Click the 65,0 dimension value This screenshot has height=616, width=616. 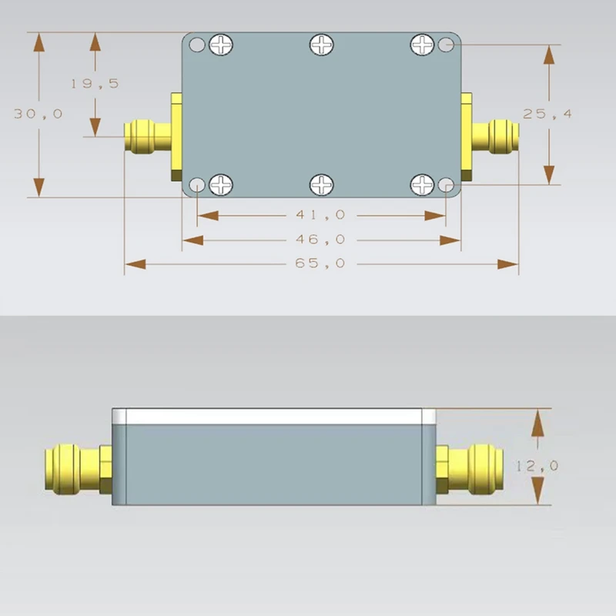[320, 263]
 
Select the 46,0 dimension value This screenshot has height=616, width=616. [320, 239]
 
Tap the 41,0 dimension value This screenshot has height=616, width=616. [320, 216]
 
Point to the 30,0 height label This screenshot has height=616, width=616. [38, 113]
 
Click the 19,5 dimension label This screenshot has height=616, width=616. [95, 83]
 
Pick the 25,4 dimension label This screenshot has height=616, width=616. [547, 113]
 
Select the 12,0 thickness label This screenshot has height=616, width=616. [537, 465]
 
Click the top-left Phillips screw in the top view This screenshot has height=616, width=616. [221, 45]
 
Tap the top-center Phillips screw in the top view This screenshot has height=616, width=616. [321, 45]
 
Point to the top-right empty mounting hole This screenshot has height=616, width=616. [445, 45]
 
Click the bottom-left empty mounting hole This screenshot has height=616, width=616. [197, 185]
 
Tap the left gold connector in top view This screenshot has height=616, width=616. [147, 136]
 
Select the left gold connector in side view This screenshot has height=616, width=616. [73, 468]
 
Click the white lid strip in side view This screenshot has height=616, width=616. [273, 417]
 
